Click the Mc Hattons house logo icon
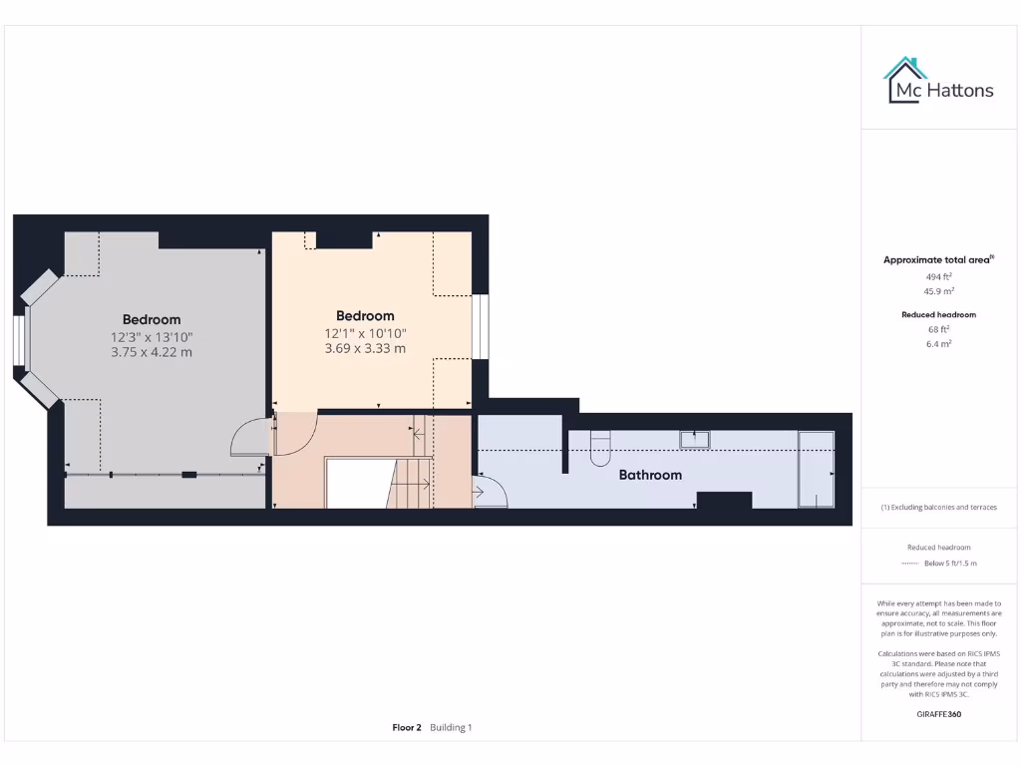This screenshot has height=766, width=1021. (905, 80)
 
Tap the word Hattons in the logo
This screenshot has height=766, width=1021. (960, 91)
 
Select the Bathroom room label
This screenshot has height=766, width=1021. (650, 475)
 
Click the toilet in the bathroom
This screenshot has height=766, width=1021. (600, 450)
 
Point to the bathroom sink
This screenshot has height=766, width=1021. (694, 438)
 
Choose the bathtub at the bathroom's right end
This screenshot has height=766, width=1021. (816, 469)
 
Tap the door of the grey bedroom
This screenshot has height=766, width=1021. (249, 438)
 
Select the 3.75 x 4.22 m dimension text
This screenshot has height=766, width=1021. (152, 352)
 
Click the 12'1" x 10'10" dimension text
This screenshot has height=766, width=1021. (365, 333)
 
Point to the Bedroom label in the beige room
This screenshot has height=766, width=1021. (365, 316)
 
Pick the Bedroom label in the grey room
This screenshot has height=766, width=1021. (152, 320)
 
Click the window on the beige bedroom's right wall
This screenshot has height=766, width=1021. (481, 326)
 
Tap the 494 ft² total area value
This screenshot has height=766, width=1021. (938, 277)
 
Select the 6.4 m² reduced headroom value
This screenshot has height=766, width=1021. (938, 343)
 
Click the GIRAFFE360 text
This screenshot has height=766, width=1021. (938, 714)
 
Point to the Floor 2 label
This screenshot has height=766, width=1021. (407, 727)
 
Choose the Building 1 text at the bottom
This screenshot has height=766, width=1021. (451, 727)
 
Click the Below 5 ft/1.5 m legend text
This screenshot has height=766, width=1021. (950, 564)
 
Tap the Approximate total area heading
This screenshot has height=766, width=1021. (937, 260)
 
